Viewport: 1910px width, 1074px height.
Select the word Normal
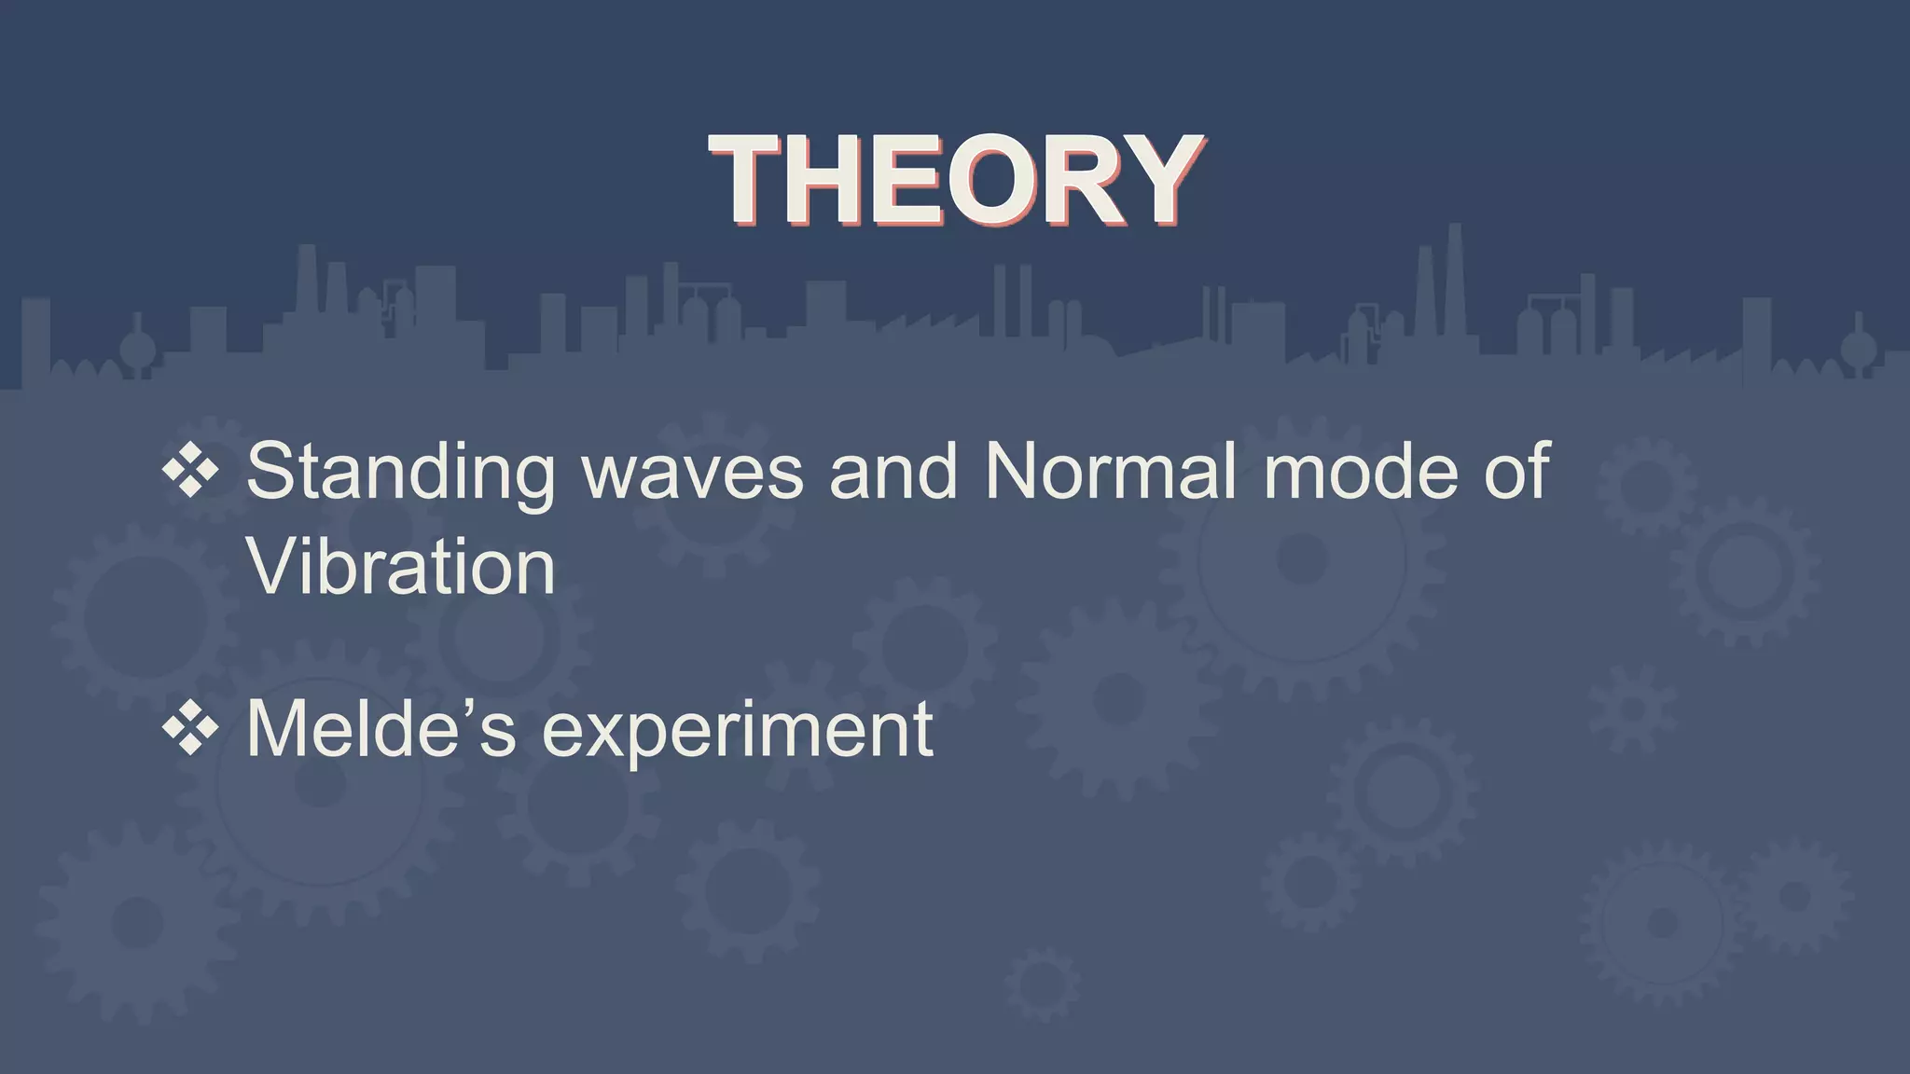pos(1110,472)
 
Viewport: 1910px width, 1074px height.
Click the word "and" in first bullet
pos(893,472)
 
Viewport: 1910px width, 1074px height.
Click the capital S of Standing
pos(271,472)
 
